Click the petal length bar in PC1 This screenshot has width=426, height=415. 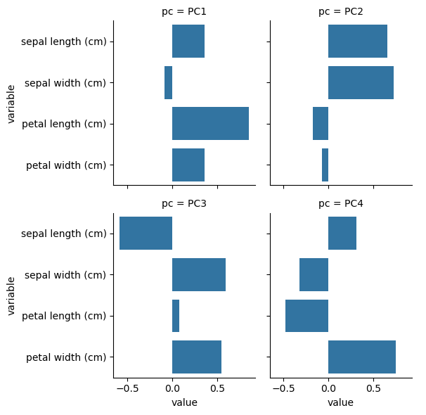point(210,124)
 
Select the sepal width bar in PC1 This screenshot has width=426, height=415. point(169,82)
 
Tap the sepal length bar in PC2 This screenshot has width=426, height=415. point(358,41)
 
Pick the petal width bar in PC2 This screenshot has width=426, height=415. point(325,165)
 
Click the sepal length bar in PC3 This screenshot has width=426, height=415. point(146,233)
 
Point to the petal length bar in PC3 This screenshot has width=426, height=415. point(176,315)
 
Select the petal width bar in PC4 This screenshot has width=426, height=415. point(362,356)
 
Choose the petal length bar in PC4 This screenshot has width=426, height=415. point(307,315)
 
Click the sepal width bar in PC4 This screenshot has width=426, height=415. point(314,274)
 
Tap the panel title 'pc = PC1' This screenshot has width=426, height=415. point(184,12)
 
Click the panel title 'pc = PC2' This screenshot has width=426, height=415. point(340,12)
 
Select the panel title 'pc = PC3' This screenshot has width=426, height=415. point(184,204)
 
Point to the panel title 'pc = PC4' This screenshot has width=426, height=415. point(340,204)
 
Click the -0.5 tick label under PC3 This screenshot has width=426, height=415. point(127,388)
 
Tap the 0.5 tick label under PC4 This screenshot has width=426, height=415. point(373,388)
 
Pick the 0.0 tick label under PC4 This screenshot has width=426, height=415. point(328,388)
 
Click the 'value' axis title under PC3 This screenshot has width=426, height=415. point(184,402)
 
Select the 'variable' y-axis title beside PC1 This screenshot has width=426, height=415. point(12,103)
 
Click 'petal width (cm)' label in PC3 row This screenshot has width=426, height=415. point(66,357)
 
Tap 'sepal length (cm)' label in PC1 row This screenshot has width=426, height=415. point(64,41)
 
